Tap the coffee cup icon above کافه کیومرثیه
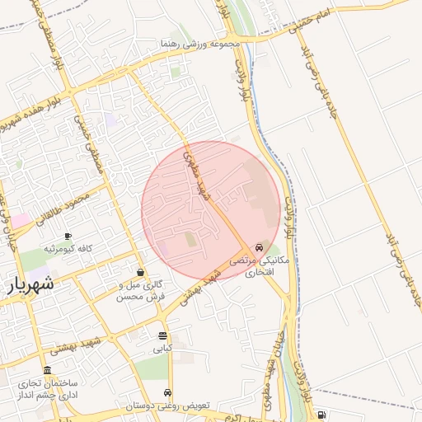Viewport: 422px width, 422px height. click(68, 236)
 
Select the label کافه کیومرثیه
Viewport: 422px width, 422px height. click(73, 248)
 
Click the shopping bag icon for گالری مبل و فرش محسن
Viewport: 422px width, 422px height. click(141, 273)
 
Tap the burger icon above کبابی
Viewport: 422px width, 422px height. click(162, 336)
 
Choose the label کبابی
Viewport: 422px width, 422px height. click(162, 349)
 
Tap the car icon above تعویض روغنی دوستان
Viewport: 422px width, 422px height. click(168, 393)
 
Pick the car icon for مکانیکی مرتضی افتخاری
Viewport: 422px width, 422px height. click(260, 246)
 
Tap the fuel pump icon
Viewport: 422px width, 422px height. click(321, 415)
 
